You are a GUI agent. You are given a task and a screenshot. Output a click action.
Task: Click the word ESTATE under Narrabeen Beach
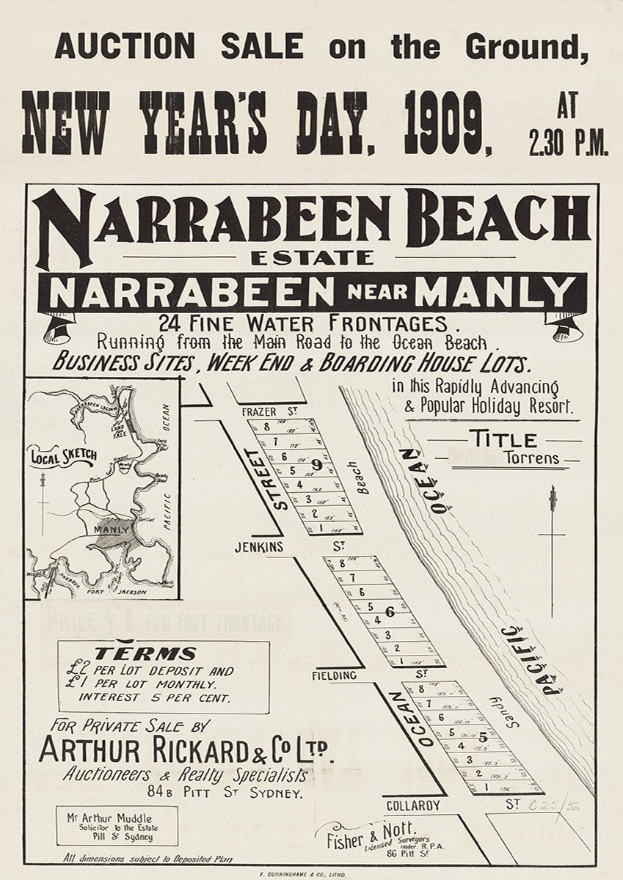tap(311, 258)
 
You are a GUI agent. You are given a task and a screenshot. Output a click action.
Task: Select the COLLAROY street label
tap(415, 806)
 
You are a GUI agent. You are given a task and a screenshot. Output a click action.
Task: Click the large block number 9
tap(316, 463)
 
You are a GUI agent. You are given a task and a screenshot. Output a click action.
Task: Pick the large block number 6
tap(390, 611)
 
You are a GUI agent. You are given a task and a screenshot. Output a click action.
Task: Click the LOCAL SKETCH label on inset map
tap(64, 456)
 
